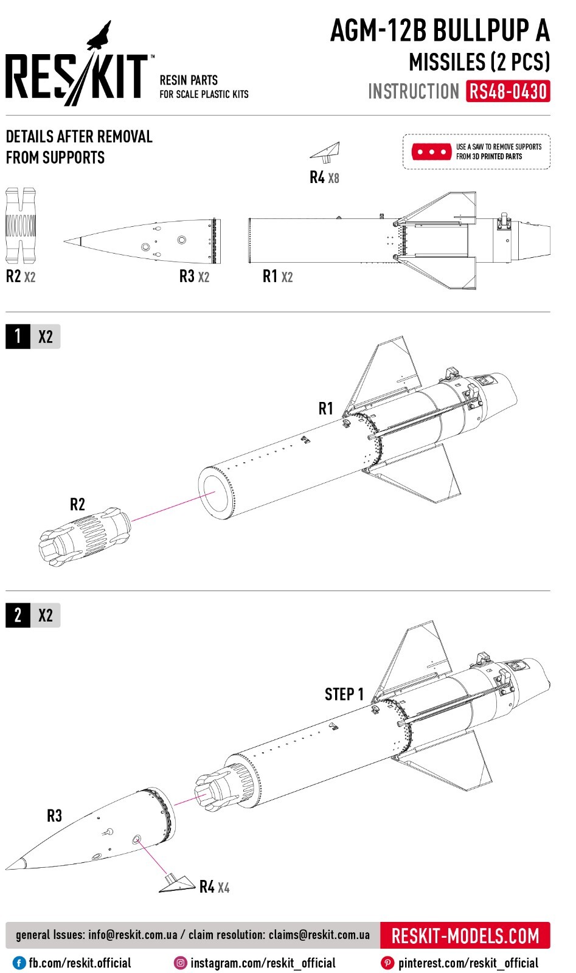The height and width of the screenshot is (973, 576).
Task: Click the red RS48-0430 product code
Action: [508, 92]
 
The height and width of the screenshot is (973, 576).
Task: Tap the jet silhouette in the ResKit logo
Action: [100, 35]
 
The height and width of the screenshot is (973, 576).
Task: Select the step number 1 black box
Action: [18, 336]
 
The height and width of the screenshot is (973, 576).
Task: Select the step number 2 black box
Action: [18, 615]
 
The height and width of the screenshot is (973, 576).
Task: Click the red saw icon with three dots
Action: [431, 151]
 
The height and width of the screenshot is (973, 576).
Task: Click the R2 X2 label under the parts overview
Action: [21, 277]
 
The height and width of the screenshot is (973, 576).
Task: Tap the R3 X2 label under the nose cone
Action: [194, 277]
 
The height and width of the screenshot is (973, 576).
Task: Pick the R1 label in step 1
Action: [326, 409]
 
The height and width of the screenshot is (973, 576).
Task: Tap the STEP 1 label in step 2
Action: [344, 694]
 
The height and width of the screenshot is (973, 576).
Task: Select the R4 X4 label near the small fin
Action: [214, 887]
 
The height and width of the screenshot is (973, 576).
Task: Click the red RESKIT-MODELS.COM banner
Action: [465, 935]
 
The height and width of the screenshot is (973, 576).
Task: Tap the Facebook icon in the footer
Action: [19, 963]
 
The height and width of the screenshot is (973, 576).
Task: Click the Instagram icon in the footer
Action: [181, 963]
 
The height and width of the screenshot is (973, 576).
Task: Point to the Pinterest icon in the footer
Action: [387, 963]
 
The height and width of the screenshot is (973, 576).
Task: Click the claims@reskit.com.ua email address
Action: [319, 935]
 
